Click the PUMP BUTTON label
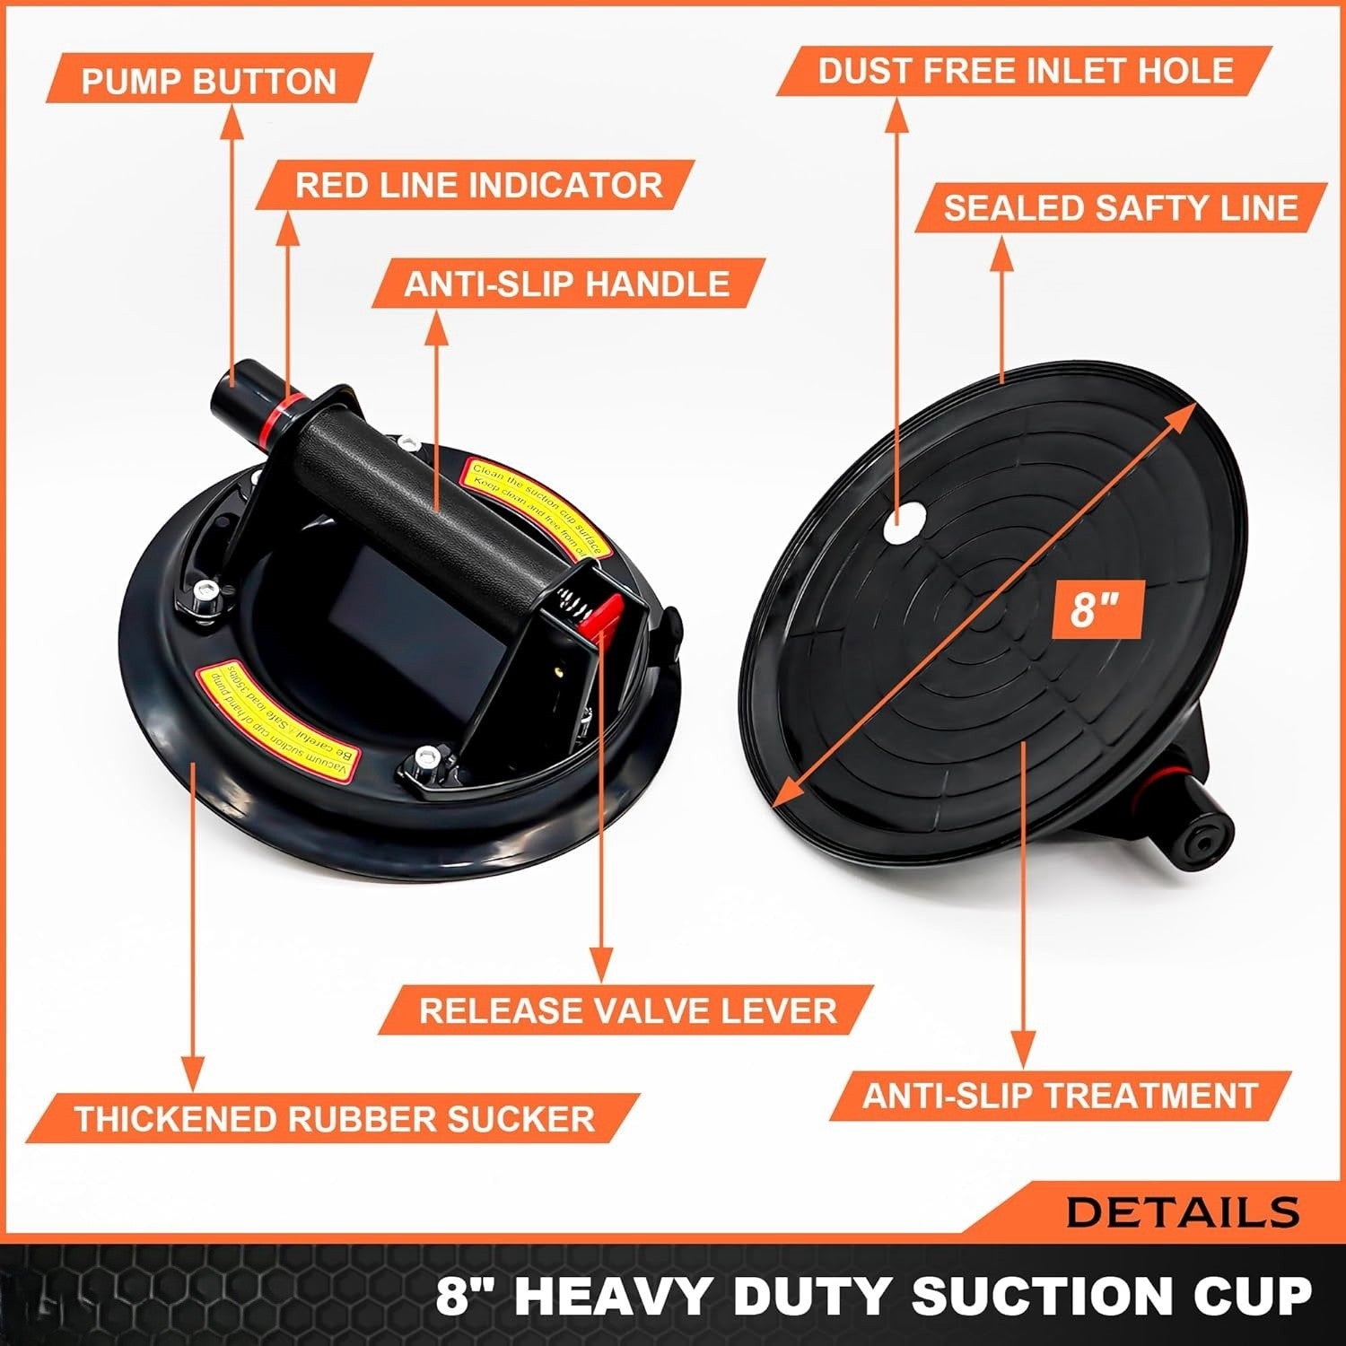pos(209,81)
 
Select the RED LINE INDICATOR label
pos(478,185)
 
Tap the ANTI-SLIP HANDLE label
pos(567,284)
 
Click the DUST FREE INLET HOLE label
pos(1025,71)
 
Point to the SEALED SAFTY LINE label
pos(1121,207)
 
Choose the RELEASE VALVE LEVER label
pos(627,1010)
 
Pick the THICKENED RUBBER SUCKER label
pos(334,1118)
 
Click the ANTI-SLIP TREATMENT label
pos(1060,1096)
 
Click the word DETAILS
pos(1183,1211)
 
